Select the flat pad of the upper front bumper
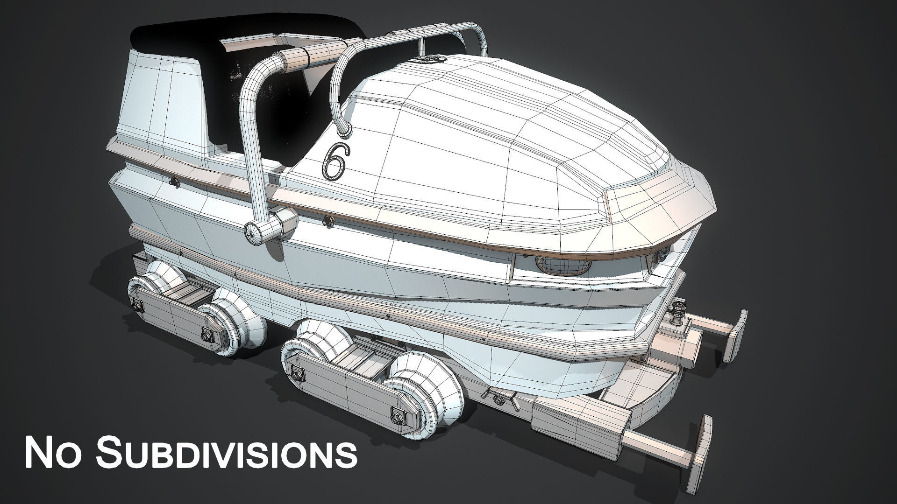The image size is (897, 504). tap(738, 336)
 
